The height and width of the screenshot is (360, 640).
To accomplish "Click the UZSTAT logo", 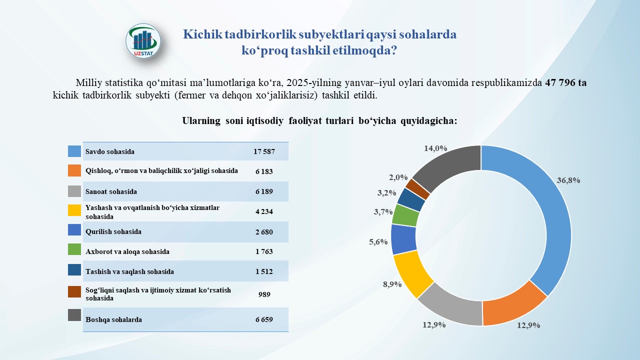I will [x=144, y=42].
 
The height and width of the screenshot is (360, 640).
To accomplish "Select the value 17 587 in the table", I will [x=263, y=151].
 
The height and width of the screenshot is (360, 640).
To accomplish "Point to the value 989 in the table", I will [x=263, y=294].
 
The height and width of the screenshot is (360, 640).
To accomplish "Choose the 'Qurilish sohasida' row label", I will [x=113, y=231].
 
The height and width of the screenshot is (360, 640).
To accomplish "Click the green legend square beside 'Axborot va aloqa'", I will [x=74, y=251].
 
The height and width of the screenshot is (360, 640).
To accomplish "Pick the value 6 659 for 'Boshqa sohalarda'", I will [x=263, y=319].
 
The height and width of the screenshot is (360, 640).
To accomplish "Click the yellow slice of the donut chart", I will [x=412, y=274].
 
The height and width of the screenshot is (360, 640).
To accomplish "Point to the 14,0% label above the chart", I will [x=435, y=148].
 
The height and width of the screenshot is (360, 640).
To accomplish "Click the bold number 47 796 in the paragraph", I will [x=565, y=83].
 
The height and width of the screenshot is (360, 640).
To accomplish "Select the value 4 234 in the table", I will [x=263, y=211].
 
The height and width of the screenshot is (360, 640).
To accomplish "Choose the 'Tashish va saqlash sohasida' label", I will [x=130, y=271].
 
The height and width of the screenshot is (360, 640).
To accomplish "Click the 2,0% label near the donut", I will [x=398, y=177].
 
